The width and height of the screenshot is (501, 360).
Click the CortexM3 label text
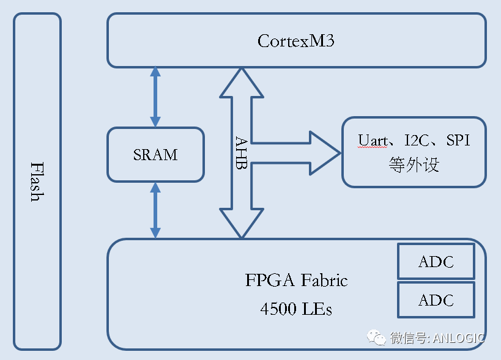pos(296,42)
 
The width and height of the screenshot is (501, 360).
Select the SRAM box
pos(155,155)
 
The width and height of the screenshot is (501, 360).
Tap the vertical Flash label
pos(37,182)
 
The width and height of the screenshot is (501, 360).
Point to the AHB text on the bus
pos(241,153)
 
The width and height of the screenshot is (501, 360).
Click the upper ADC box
pos(436,262)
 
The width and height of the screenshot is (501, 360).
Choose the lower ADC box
pos(436,300)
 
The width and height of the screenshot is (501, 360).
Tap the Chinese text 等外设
pos(414,164)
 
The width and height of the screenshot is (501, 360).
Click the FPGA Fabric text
pos(296,281)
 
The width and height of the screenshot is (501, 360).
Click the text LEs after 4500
pos(317,309)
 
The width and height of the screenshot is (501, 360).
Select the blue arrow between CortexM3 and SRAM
pos(155,97)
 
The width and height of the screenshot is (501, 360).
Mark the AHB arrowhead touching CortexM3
pos(242,82)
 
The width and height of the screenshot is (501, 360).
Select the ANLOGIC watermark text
pos(459,338)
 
